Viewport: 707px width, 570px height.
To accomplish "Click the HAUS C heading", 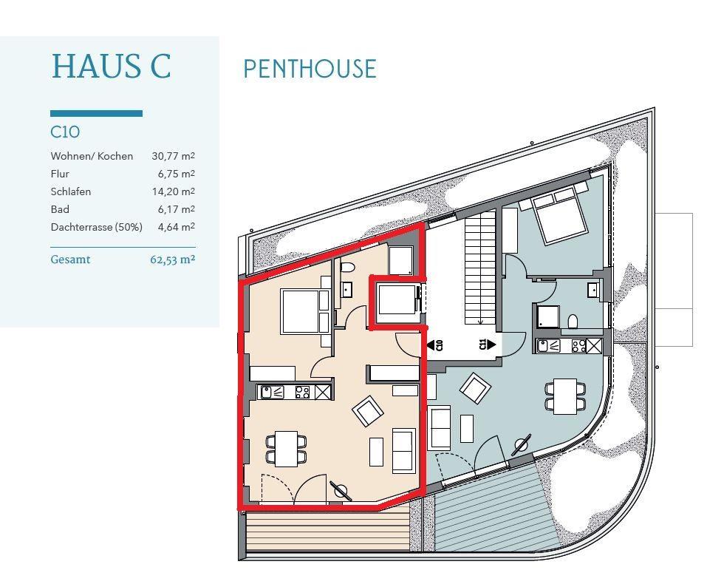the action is (x=112, y=67).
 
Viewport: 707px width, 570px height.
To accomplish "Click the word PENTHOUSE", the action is (x=310, y=69).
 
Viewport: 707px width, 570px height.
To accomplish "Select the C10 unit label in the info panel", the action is (x=65, y=132).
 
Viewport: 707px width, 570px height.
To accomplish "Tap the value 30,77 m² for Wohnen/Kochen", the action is (x=173, y=156).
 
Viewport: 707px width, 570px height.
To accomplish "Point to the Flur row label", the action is (x=60, y=174).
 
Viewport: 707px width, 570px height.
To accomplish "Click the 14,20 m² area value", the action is (x=173, y=191).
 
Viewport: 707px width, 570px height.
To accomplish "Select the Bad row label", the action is (x=60, y=209).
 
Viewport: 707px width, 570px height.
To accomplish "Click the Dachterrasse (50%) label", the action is (x=97, y=227).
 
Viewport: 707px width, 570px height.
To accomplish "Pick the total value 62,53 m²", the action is (x=173, y=260).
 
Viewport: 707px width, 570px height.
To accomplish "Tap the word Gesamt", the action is (x=70, y=259).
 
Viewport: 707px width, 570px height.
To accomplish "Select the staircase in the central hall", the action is (x=481, y=269).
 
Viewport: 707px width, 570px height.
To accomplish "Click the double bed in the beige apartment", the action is (x=305, y=311).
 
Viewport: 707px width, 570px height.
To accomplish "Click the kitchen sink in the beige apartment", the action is (x=270, y=392).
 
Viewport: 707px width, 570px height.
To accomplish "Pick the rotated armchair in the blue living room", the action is (x=475, y=389).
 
